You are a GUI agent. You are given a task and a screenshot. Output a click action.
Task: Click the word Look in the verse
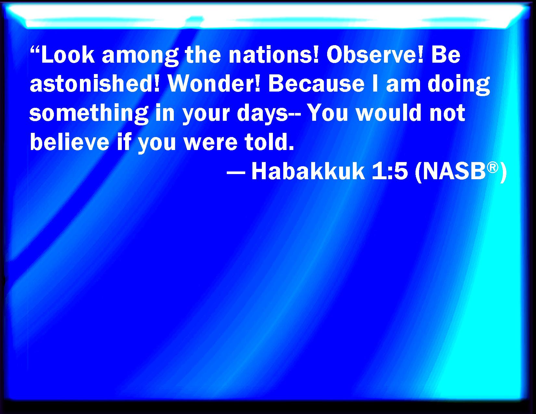(68, 55)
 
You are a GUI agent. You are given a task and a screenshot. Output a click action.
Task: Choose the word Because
(316, 84)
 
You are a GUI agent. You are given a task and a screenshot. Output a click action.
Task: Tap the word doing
(459, 85)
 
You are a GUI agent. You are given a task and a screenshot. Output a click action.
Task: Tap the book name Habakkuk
(308, 171)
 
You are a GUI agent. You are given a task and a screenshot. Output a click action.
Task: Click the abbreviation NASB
(454, 171)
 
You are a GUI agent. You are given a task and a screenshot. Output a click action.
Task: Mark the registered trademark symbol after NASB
(492, 168)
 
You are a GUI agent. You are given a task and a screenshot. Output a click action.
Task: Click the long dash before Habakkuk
(236, 173)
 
